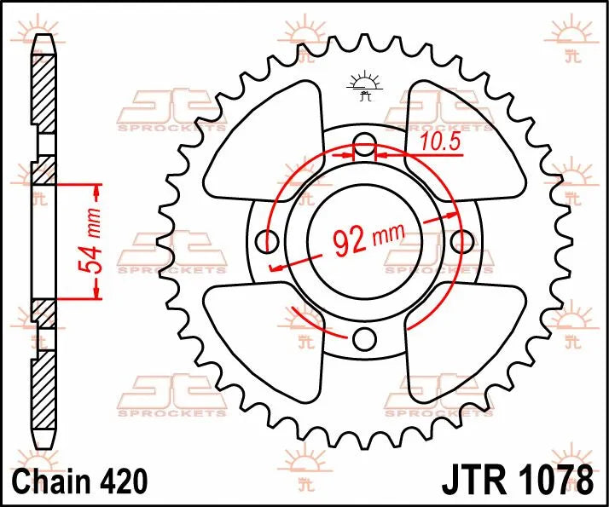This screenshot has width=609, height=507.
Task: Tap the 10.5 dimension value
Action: (441, 142)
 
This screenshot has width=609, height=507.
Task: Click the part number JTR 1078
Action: (517, 479)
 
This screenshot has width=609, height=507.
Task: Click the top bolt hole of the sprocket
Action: (364, 144)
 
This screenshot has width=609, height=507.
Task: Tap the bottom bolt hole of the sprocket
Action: (364, 338)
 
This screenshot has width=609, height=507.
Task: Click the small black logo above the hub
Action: (364, 86)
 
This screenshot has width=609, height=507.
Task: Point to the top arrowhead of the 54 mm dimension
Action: (96, 188)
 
